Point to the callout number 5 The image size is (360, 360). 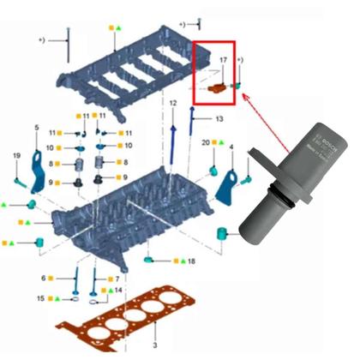pyautogui.click(x=36, y=128)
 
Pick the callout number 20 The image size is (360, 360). pyautogui.click(x=206, y=141)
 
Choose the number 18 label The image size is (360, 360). pyautogui.click(x=191, y=260)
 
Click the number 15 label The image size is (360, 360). pyautogui.click(x=40, y=298)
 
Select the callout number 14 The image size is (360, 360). pyautogui.click(x=119, y=291)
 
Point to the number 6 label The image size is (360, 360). pyautogui.click(x=44, y=278)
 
